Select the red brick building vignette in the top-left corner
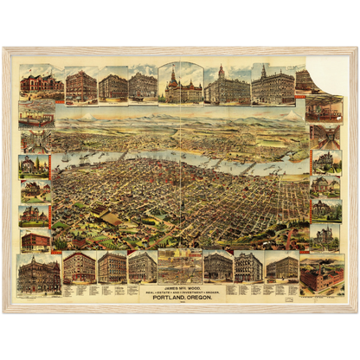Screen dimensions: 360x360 click(35, 83)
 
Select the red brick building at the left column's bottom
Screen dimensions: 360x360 click(35, 240)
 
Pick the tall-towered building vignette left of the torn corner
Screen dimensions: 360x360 click(273, 85)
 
